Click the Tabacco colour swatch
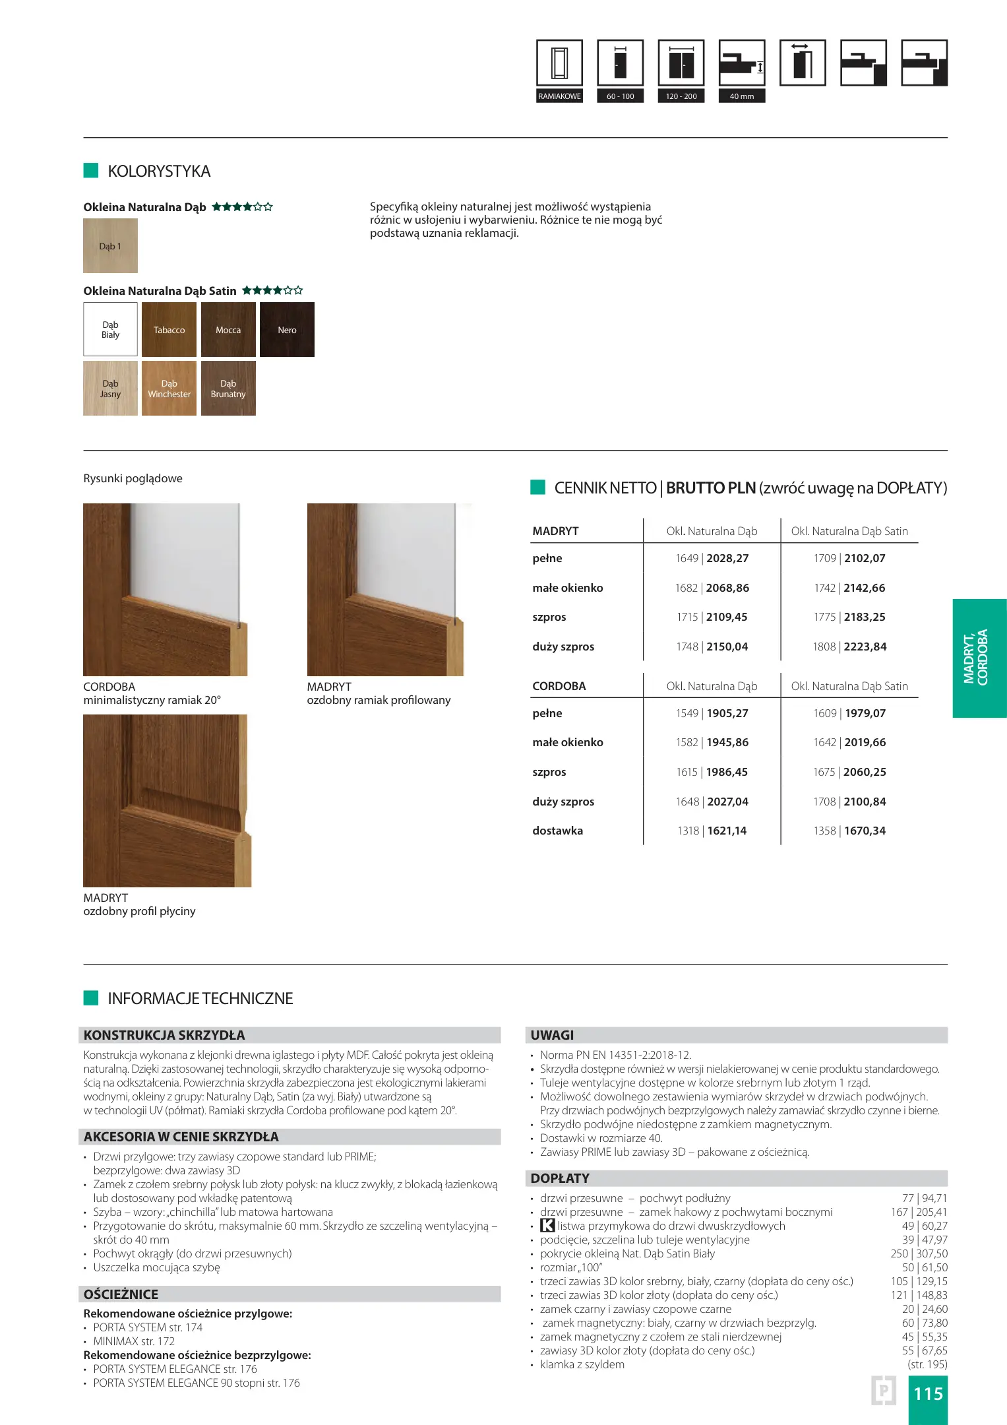coord(169,330)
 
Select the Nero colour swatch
coord(287,330)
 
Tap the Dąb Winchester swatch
coord(169,389)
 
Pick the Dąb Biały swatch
coord(110,330)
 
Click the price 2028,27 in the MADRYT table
coord(727,558)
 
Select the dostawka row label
coord(557,831)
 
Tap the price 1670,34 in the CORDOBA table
coord(865,831)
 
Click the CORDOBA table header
coord(559,686)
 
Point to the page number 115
coord(928,1394)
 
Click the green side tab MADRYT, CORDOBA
coord(979,658)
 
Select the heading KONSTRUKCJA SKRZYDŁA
coord(164,1035)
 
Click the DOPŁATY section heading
coord(560,1178)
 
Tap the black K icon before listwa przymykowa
coord(547,1226)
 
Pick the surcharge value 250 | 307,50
coord(919,1253)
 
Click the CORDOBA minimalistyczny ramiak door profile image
coord(165,590)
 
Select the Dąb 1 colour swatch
coord(110,246)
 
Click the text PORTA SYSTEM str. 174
coord(148,1327)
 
